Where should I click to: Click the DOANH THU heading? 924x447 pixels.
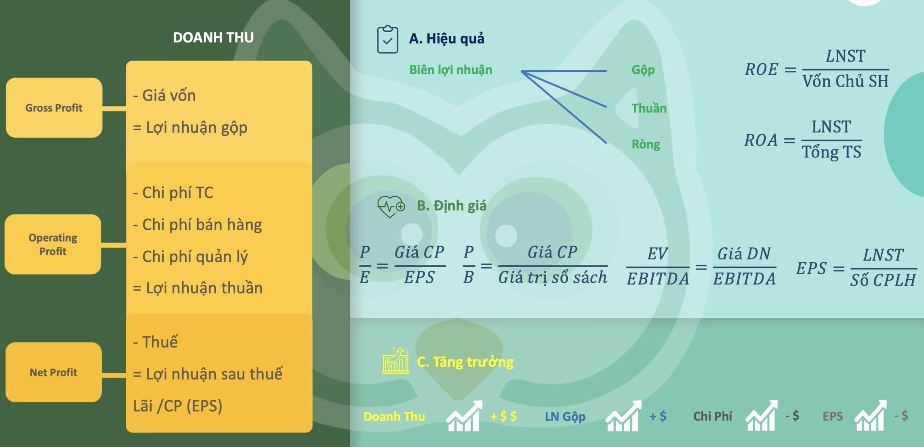(x=213, y=38)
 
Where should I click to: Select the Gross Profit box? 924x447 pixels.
(x=54, y=108)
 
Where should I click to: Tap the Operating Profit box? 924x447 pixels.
(x=53, y=244)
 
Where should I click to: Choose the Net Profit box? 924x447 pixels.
(x=54, y=372)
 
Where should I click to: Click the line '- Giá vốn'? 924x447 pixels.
(x=164, y=95)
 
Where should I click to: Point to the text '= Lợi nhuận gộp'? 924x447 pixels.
(x=190, y=128)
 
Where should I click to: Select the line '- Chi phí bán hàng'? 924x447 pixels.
(x=197, y=225)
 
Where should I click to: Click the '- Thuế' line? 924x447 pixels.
(x=155, y=342)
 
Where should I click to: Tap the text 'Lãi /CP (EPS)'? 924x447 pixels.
(x=177, y=406)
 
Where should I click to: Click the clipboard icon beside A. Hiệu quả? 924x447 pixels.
(x=387, y=39)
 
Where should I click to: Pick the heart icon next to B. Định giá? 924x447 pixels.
(x=391, y=206)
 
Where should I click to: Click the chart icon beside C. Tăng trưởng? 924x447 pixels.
(x=396, y=361)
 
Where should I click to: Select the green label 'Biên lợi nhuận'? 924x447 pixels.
(x=451, y=70)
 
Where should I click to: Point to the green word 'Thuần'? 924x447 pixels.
(x=649, y=108)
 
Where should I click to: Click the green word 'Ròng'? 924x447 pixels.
(x=646, y=144)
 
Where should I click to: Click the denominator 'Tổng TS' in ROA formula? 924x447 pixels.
(x=831, y=152)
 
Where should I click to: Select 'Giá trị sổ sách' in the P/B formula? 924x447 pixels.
(x=553, y=277)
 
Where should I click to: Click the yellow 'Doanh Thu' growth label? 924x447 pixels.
(x=394, y=417)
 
